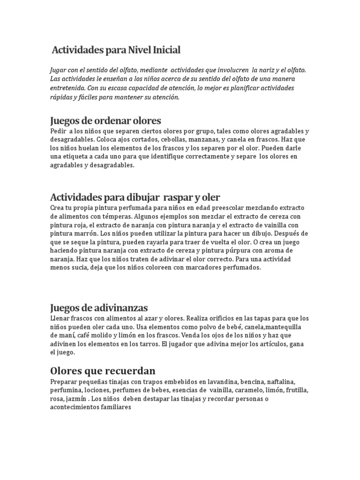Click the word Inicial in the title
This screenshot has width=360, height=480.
164,50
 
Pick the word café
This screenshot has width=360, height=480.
76,335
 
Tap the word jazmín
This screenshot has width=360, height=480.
76,398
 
